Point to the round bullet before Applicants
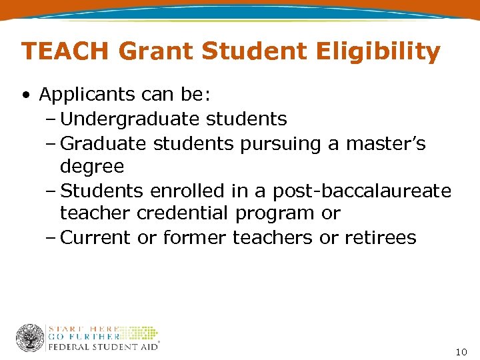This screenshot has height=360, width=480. (25, 95)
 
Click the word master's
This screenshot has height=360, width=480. (385, 143)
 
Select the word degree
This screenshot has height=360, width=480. (92, 167)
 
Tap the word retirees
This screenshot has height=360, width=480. (380, 237)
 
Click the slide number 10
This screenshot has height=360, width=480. (461, 351)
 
